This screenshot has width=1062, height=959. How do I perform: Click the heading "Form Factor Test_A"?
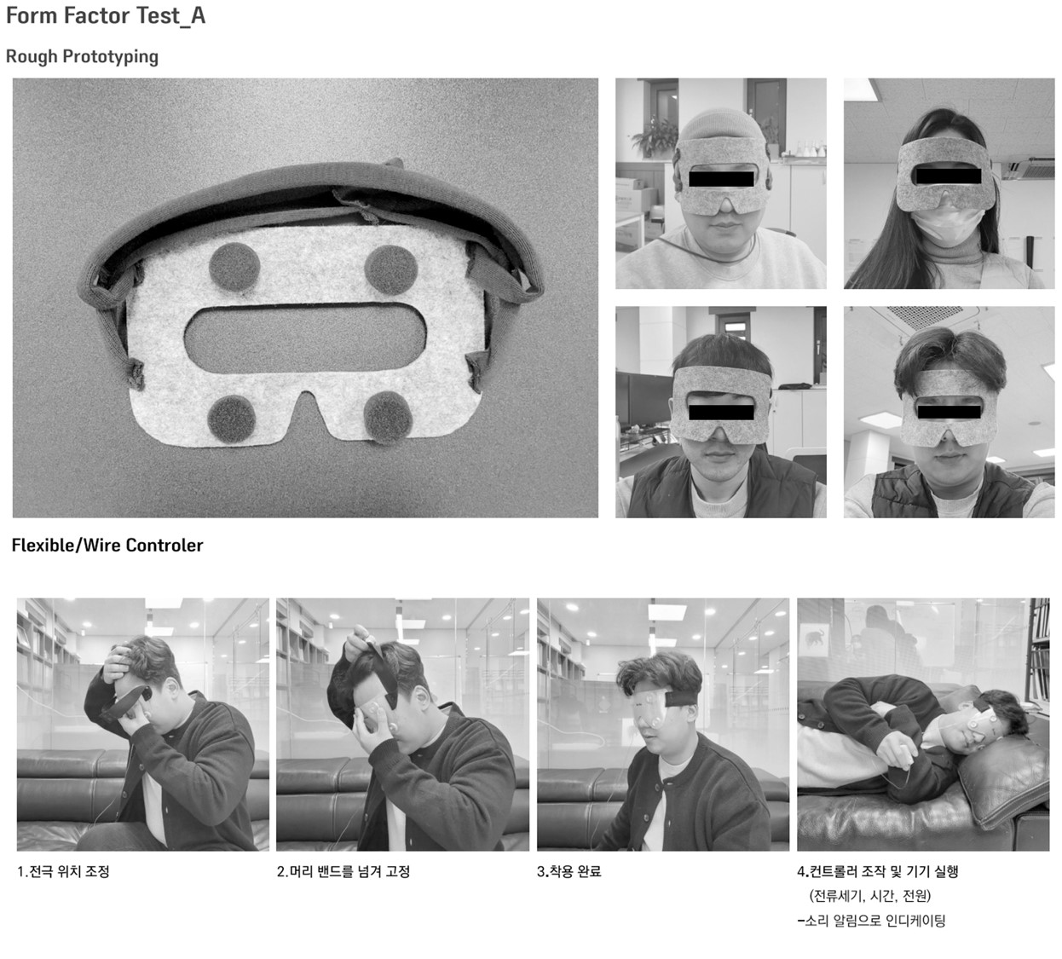coord(106,16)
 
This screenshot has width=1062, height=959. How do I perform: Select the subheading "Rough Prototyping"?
coord(82,56)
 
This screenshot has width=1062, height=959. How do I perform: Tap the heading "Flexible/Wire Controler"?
coord(107,546)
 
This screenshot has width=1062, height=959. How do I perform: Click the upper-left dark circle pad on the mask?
coord(234,268)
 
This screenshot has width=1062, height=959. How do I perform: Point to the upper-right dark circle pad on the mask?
coord(391,269)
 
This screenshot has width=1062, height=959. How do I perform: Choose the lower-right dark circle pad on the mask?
coord(388,418)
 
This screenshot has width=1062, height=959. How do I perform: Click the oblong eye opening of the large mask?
coord(305,338)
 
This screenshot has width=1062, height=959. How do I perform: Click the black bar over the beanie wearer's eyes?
coord(721,179)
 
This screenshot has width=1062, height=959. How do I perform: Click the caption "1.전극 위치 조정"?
coord(64,872)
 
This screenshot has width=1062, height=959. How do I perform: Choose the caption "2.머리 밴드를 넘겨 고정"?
coord(343,872)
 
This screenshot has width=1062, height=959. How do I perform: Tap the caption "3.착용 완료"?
coord(569,872)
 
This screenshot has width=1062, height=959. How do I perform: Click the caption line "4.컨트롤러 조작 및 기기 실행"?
coord(878,872)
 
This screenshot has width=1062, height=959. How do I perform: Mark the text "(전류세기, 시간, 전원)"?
coord(870,896)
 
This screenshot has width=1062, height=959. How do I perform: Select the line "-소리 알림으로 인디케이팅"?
coord(871,921)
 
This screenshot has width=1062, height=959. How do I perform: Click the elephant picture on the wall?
coord(814,638)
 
